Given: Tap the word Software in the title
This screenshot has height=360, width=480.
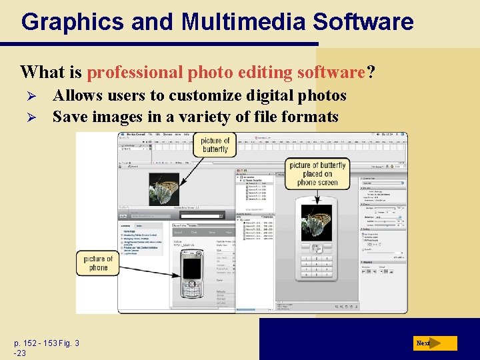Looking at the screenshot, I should tap(363, 22).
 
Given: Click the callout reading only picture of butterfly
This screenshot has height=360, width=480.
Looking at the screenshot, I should tap(215, 145).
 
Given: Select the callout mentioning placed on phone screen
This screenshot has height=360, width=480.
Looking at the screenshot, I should tap(318, 173).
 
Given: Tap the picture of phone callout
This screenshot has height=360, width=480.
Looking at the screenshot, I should tap(98, 263).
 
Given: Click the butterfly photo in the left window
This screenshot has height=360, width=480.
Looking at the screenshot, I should tap(164, 189).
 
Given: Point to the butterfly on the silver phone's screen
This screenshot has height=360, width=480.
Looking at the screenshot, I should tap(317, 222).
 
